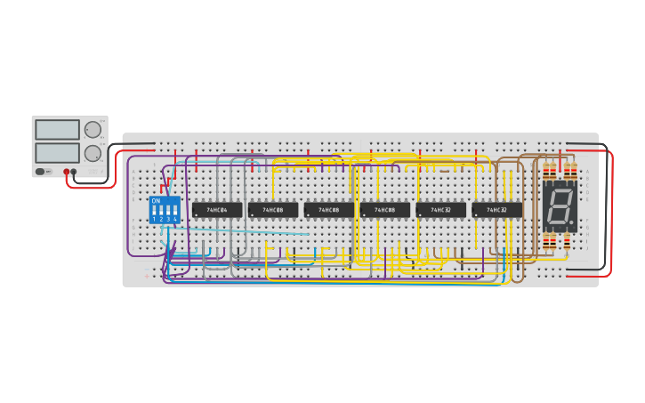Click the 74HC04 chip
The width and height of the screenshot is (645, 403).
(x=217, y=210)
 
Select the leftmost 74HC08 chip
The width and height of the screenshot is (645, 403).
(x=273, y=210)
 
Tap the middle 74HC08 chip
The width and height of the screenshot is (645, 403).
(x=329, y=210)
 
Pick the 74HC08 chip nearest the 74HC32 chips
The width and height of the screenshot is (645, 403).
(x=385, y=210)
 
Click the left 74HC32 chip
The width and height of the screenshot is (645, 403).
(x=441, y=210)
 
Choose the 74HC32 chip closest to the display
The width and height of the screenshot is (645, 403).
(x=497, y=210)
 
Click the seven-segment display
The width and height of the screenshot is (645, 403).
(x=560, y=207)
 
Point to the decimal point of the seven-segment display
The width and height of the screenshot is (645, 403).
(x=571, y=222)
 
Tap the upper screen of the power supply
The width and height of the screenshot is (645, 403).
(x=57, y=130)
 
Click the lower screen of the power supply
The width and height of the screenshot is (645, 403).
(x=57, y=153)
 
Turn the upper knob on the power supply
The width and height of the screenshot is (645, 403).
(x=93, y=130)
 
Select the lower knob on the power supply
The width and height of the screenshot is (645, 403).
(x=93, y=153)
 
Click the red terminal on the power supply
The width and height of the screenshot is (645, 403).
(x=66, y=172)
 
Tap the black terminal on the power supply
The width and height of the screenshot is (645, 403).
(x=74, y=172)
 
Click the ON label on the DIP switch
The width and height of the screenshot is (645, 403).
(x=157, y=201)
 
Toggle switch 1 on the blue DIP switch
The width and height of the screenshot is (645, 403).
(x=155, y=212)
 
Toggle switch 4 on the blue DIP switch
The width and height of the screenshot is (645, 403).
(x=175, y=212)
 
